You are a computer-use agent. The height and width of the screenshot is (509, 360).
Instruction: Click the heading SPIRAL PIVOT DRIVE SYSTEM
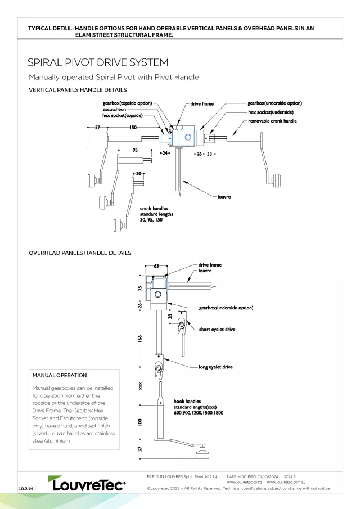(x=98, y=62)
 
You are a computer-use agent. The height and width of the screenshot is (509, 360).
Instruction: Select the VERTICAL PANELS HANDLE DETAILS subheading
(x=78, y=90)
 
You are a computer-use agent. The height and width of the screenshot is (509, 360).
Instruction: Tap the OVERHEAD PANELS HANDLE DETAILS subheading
(x=80, y=253)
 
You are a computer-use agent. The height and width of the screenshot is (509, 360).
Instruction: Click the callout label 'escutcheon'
(x=115, y=109)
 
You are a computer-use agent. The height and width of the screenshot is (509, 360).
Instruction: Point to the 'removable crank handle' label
(x=272, y=121)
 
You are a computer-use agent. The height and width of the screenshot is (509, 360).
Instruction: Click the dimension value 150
(x=133, y=128)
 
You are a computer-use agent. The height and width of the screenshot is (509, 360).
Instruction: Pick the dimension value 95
(x=135, y=150)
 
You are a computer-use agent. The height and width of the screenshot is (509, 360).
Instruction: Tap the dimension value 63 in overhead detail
(x=156, y=266)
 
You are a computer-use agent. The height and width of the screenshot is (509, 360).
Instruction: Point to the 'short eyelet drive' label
(x=217, y=329)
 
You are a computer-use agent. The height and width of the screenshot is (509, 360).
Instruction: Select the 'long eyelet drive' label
(x=215, y=367)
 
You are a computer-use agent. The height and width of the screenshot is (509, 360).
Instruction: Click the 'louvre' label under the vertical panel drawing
(x=224, y=197)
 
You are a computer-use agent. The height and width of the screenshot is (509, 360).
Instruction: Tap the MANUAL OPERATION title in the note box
(x=60, y=375)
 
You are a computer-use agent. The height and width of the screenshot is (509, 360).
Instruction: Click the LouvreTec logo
(x=88, y=484)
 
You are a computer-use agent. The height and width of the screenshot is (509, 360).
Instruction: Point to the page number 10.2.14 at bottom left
(x=25, y=488)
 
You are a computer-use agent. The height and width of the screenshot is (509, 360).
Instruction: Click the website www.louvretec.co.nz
(x=245, y=482)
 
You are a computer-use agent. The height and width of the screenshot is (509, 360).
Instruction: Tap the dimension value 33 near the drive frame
(x=209, y=153)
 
